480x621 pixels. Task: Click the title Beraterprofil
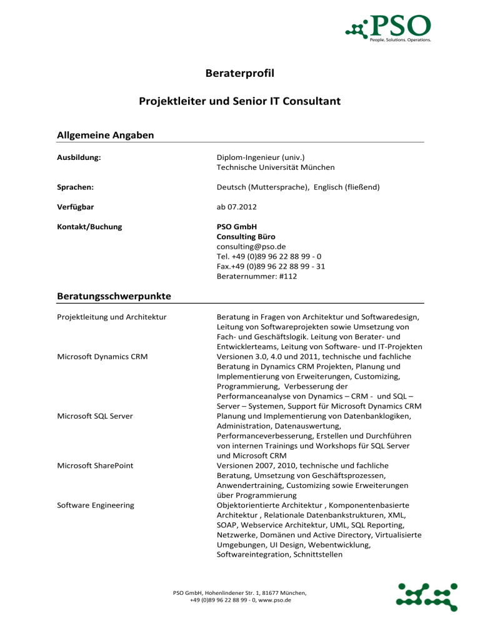[x=240, y=76]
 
